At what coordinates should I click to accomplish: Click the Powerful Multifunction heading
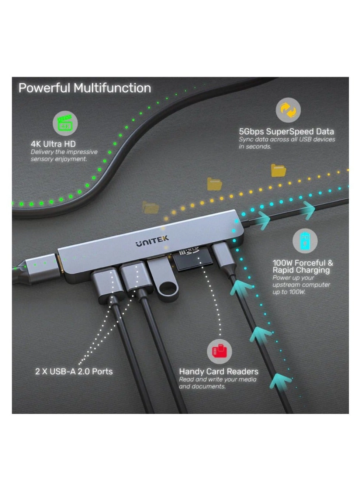[x=84, y=88]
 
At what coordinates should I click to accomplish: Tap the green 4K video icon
[x=65, y=125]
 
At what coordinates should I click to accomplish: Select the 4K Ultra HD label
[x=53, y=144]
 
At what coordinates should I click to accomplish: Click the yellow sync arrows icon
[x=288, y=110]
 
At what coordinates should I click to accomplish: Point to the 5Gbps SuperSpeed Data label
[x=286, y=132]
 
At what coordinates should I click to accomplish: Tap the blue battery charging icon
[x=305, y=241]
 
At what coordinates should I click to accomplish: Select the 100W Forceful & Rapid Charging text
[x=302, y=266]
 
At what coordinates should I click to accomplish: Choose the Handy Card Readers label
[x=218, y=371]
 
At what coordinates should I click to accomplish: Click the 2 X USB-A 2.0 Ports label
[x=74, y=371]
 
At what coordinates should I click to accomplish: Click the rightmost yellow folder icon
[x=278, y=170]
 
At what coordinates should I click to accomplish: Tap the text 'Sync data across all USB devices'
[x=287, y=139]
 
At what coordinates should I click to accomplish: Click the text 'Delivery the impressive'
[x=64, y=152]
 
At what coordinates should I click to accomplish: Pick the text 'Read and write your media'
[x=217, y=380]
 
